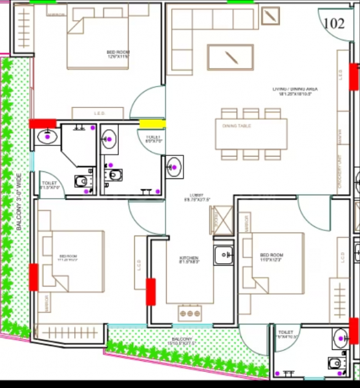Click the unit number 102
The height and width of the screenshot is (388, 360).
[x=334, y=24]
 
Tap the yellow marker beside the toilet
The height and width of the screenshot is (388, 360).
[x=153, y=124]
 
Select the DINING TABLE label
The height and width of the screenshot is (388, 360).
[x=236, y=125]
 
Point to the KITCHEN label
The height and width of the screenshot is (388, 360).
[x=189, y=260]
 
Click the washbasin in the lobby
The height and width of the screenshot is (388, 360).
[x=174, y=166]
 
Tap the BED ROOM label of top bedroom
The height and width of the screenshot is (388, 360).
[x=118, y=54]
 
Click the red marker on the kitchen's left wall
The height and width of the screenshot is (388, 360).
[x=151, y=291]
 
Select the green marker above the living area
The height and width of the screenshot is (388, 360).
[x=240, y=2]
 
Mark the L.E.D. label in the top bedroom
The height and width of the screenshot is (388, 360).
[x=100, y=113]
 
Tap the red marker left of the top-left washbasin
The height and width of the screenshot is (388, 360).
[x=43, y=123]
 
